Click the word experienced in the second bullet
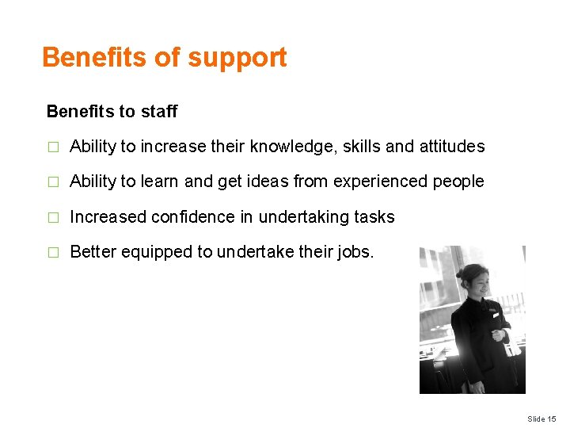[x=381, y=182]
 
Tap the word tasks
[x=374, y=216]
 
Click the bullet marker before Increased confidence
[x=53, y=217]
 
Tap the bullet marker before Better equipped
[x=53, y=253]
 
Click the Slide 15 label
[x=542, y=418]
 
